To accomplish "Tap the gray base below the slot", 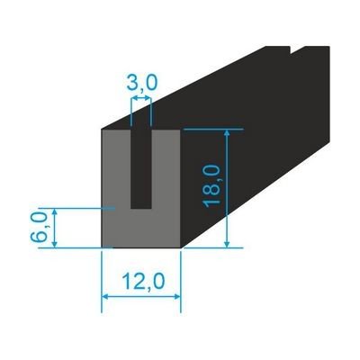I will pyautogui.click(x=141, y=228).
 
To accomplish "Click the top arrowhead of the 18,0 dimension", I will pyautogui.click(x=228, y=133).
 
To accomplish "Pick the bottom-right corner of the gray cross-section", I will pyautogui.click(x=180, y=247).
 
